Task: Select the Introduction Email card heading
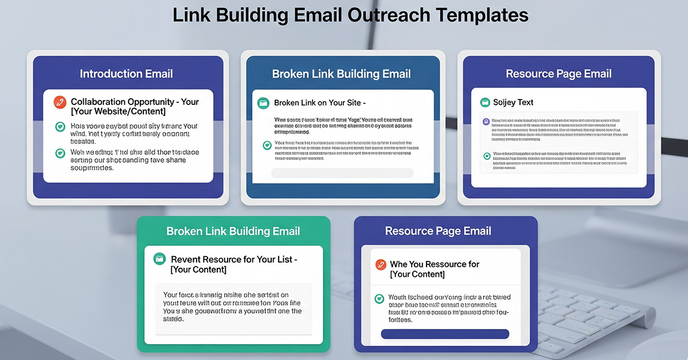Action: [x=126, y=73]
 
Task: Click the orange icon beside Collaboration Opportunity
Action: [x=60, y=103]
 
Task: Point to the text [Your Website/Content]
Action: [x=118, y=111]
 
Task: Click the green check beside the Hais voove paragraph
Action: [x=60, y=127]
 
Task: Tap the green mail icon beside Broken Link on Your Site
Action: [x=263, y=103]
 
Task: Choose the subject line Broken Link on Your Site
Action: [x=320, y=103]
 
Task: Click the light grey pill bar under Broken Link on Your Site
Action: [x=342, y=173]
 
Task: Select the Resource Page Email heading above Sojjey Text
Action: [x=558, y=73]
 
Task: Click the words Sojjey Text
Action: [x=513, y=103]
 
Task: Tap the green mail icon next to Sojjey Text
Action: [x=484, y=103]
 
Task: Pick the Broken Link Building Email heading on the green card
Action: [x=233, y=231]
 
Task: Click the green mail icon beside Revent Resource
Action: [x=160, y=260]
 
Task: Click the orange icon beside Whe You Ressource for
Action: [x=380, y=265]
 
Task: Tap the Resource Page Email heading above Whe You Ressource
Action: [x=438, y=231]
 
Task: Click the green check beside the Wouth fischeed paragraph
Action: [x=379, y=299]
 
